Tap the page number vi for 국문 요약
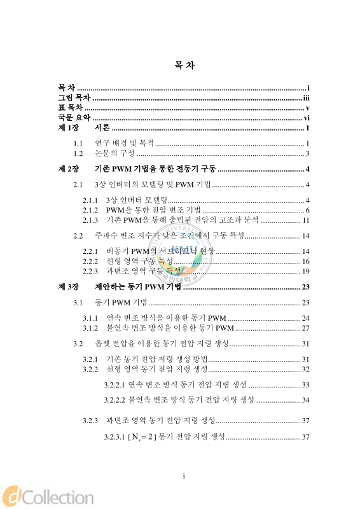click(x=306, y=118)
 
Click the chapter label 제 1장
click(x=68, y=129)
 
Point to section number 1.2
click(x=79, y=153)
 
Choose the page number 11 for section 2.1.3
click(x=305, y=220)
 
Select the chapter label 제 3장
click(x=68, y=287)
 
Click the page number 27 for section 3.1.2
click(x=305, y=328)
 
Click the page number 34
click(x=305, y=400)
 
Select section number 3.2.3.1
click(x=114, y=437)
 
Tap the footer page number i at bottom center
click(x=183, y=476)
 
